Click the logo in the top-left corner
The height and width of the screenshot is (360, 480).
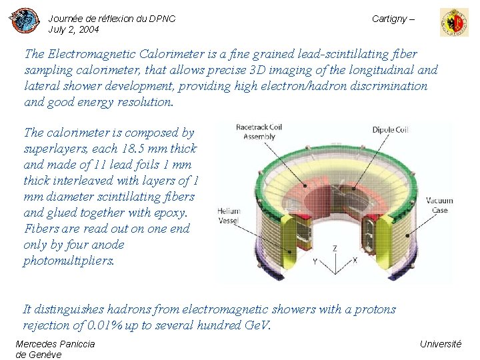[24, 21]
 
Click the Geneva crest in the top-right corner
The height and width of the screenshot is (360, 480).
[453, 22]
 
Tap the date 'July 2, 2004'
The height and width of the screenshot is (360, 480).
[73, 30]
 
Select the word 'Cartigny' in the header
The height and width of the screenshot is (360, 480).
[389, 19]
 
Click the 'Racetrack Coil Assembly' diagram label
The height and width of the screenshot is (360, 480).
[259, 131]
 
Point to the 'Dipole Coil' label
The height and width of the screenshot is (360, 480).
[390, 131]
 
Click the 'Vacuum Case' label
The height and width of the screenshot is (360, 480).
[439, 205]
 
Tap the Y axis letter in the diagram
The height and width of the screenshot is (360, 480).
[315, 262]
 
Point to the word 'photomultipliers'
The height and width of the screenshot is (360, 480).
[69, 261]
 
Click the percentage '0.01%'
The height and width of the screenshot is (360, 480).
[103, 325]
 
